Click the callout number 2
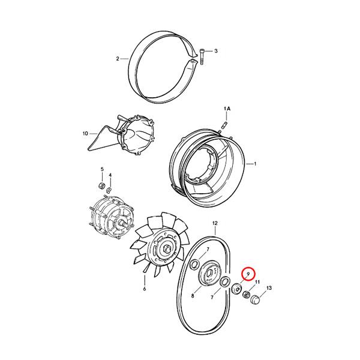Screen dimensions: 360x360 [x=118, y=59]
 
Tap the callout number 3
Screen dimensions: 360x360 [x=216, y=51]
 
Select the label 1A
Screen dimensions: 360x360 [x=227, y=109]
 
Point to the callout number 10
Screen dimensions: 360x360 [x=85, y=133]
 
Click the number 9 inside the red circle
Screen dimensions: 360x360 [x=248, y=274]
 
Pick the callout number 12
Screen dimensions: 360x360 [x=215, y=223]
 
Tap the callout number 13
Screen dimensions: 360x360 [x=269, y=288]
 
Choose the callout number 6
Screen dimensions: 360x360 [x=145, y=289]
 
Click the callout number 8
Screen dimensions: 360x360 [x=193, y=296]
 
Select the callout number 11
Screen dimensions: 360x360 [x=257, y=282]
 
